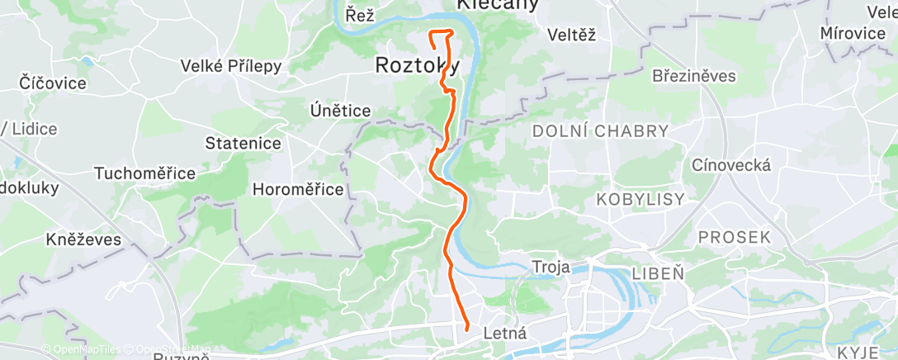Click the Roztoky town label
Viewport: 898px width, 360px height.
(x=417, y=65)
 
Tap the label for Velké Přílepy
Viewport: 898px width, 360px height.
(x=231, y=67)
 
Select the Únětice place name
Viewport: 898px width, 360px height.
(x=339, y=110)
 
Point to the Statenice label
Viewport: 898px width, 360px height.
(x=243, y=144)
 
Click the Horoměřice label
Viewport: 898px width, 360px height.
(x=297, y=189)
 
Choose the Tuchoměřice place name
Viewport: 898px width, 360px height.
(x=144, y=173)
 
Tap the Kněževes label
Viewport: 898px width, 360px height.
(x=83, y=240)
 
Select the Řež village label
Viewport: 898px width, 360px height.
(x=361, y=14)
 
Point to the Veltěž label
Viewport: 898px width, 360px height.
(x=571, y=35)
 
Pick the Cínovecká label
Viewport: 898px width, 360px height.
(x=732, y=165)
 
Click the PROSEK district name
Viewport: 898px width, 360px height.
(x=734, y=237)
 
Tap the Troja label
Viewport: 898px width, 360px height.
(x=551, y=267)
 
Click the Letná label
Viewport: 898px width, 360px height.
(x=503, y=334)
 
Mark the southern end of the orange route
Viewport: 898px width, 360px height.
(x=468, y=329)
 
